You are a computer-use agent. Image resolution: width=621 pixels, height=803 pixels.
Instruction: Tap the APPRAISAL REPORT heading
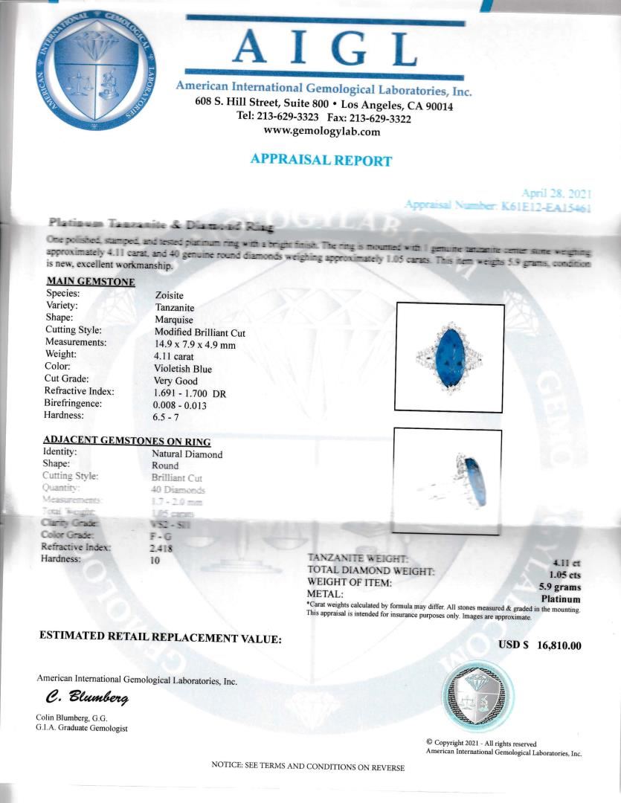click(321, 160)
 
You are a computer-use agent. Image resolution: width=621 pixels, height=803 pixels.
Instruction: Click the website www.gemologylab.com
click(322, 132)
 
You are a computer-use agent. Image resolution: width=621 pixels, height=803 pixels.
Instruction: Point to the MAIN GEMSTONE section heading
click(91, 282)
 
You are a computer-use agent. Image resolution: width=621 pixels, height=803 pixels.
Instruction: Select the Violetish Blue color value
click(183, 369)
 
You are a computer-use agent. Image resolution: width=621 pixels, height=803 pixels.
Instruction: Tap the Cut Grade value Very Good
click(176, 381)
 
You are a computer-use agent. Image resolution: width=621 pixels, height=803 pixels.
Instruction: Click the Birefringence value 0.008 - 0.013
click(180, 406)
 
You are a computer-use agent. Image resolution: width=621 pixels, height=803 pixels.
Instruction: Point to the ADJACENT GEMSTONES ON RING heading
click(126, 441)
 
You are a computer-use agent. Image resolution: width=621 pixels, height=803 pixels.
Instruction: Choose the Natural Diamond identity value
click(187, 454)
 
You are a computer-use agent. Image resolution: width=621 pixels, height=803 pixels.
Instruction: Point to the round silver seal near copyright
click(477, 697)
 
